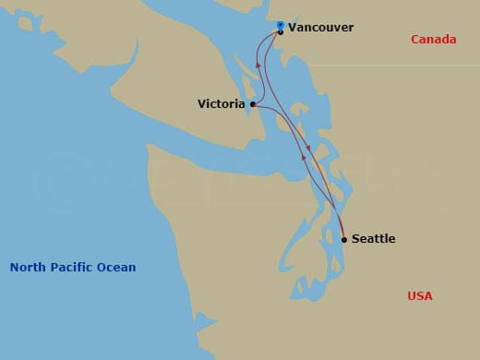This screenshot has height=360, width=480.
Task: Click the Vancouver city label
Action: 320,28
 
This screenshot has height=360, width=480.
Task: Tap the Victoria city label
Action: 221,104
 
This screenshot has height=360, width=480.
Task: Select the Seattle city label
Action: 373,239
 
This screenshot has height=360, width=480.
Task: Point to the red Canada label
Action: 433,40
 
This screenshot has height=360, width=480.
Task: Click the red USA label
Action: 420,296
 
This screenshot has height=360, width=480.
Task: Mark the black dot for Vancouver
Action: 281,32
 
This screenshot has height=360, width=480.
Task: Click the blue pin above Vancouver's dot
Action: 281,24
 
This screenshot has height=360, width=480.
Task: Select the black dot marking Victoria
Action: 253,104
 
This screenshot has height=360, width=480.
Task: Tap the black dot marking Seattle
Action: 344,239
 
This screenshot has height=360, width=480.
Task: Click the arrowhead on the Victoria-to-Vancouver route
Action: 258,66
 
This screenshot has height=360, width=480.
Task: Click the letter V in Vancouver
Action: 293,28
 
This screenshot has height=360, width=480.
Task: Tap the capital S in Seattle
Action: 355,239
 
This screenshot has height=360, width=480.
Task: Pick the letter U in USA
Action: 412,296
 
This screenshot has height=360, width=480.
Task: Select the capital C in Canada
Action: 415,40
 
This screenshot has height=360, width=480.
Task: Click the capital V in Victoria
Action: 202,104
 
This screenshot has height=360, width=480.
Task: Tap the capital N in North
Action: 14,268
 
